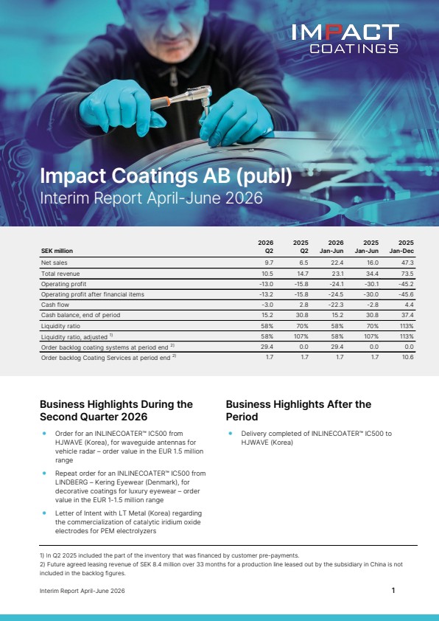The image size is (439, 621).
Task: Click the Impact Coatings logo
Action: pos(345,38)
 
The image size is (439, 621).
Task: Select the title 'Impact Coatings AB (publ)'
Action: pos(166,176)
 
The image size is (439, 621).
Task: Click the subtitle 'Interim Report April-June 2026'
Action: pos(151,198)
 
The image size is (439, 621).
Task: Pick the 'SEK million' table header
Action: pos(57,251)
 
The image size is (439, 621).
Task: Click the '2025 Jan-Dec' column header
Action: pos(401,246)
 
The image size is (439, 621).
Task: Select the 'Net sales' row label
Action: pos(55,263)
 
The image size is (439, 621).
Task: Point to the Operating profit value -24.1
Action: pos(337,284)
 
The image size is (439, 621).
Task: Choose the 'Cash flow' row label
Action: pos(55,305)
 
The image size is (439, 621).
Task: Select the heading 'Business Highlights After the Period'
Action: pos(298,410)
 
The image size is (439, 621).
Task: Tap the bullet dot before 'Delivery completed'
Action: pos(230,434)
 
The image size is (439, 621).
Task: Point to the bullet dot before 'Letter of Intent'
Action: pos(44,513)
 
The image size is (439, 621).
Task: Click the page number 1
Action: pos(393,590)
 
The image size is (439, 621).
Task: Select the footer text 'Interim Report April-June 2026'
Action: pos(82,591)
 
